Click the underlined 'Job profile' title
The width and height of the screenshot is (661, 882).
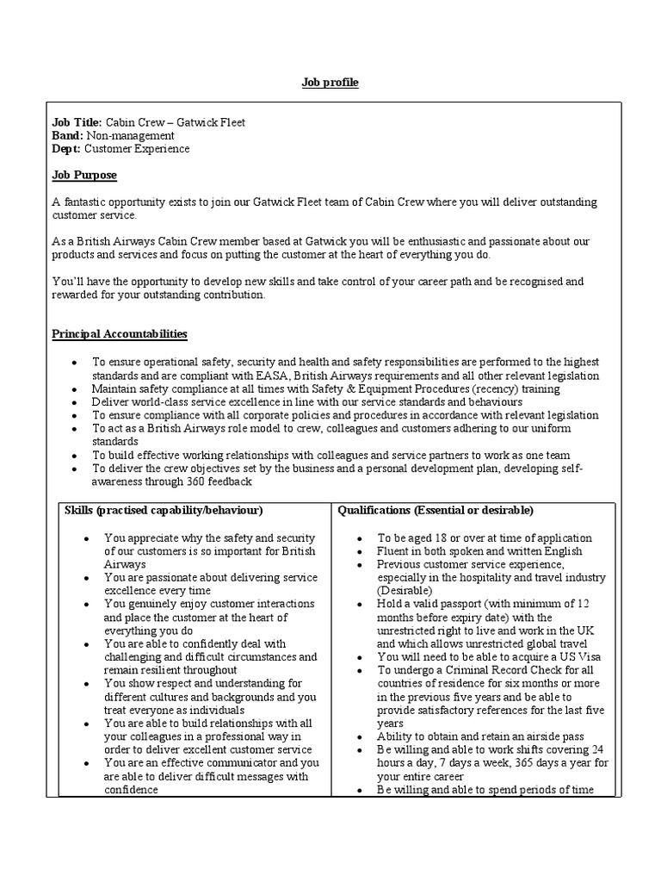330,83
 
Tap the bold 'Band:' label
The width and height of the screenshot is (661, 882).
68,135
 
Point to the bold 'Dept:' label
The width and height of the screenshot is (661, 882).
67,149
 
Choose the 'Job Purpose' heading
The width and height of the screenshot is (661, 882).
84,175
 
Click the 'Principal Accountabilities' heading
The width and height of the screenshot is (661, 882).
120,333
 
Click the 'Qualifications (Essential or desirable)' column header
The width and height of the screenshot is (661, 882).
436,511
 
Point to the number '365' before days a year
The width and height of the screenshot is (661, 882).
507,763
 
